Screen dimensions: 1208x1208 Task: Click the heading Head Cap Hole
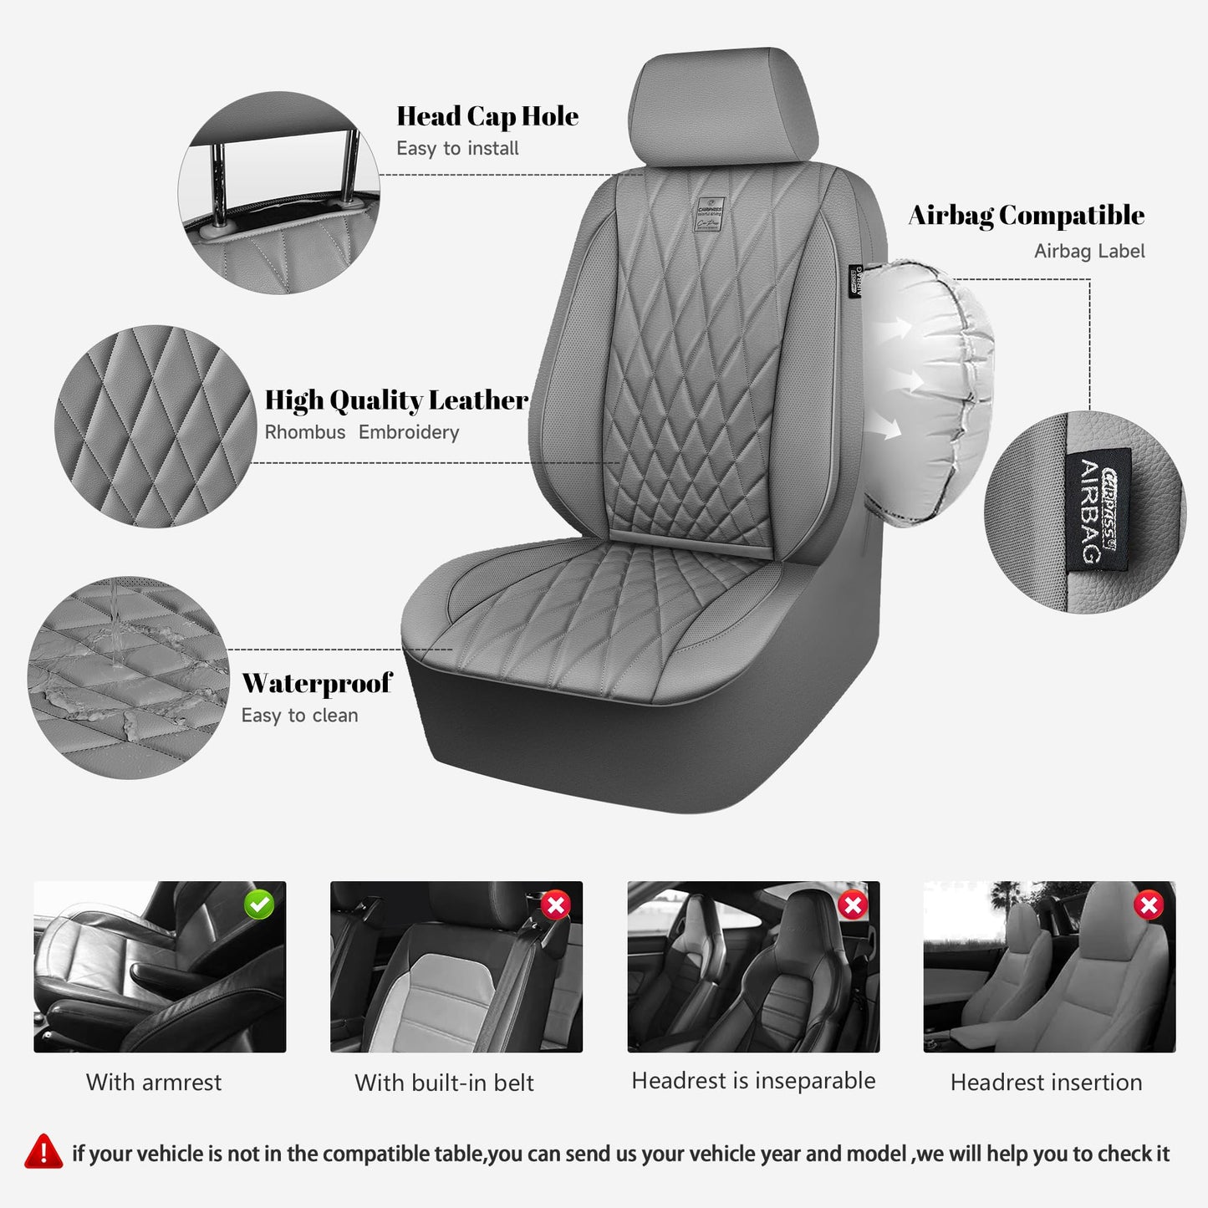point(487,116)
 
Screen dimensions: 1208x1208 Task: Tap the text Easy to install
point(457,149)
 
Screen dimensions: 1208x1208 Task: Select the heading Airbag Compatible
point(1027,216)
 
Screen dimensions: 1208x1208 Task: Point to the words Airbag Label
point(1089,252)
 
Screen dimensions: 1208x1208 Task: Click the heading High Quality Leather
point(396,400)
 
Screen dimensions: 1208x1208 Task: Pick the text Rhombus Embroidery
point(362,433)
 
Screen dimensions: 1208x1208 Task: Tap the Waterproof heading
point(317,683)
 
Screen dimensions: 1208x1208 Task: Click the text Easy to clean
point(299,716)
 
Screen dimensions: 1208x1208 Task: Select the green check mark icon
point(259,905)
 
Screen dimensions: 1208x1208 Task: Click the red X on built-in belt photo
point(556,905)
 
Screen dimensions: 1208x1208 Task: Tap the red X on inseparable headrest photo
point(853,905)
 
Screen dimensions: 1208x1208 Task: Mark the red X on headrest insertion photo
point(1149,905)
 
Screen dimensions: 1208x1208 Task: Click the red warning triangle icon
point(43,1152)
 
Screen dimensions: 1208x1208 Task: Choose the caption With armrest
point(154,1083)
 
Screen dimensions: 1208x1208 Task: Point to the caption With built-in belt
point(444,1083)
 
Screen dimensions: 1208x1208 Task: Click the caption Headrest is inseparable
point(753,1081)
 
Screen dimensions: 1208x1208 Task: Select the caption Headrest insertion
point(1046,1083)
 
